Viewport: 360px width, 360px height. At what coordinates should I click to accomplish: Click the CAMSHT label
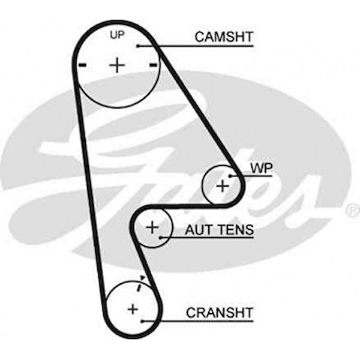224,37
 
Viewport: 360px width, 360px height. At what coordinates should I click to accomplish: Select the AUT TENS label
219,229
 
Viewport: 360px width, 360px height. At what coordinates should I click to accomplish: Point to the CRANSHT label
220,313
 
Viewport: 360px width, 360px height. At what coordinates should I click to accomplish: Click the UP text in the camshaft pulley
117,35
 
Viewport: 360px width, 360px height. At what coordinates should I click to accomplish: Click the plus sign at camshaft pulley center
118,65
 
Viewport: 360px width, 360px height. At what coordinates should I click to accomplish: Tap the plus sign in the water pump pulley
222,186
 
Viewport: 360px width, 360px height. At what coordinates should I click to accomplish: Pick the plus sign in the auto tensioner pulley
152,227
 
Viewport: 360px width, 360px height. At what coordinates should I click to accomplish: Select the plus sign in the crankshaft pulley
133,309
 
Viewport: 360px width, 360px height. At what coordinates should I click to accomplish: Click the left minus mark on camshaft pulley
82,64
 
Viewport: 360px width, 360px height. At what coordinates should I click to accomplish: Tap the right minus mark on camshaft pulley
153,64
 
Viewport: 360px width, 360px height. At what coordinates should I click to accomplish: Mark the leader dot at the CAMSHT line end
138,45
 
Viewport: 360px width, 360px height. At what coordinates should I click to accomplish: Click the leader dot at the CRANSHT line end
142,321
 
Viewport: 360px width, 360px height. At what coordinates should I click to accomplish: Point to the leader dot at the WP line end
230,176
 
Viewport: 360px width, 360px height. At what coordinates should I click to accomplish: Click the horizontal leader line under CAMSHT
198,45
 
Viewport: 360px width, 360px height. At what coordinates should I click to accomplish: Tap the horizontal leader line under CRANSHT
198,321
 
